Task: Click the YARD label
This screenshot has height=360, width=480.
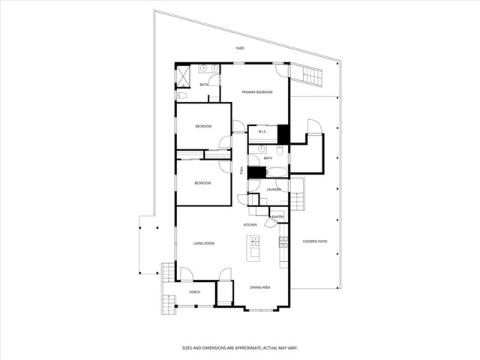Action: (240, 48)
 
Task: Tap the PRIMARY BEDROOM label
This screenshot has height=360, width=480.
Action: (256, 91)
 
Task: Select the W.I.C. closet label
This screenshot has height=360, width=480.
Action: (262, 132)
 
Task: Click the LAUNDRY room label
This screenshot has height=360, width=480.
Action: (274, 189)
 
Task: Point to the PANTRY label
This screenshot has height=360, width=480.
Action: (277, 217)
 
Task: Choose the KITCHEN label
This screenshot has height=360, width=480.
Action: (250, 225)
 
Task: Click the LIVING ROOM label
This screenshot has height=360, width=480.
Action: (204, 244)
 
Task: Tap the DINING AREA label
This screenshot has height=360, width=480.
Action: (259, 287)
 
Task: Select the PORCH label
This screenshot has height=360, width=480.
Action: (194, 292)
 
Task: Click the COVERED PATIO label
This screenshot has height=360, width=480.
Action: (315, 241)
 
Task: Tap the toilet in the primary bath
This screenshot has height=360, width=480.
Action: (181, 95)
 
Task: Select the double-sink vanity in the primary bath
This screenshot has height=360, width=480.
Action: (208, 69)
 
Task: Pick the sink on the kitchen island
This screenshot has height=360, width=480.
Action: (255, 241)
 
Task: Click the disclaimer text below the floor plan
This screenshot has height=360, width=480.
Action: (240, 348)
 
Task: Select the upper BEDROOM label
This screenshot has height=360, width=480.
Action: (203, 126)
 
